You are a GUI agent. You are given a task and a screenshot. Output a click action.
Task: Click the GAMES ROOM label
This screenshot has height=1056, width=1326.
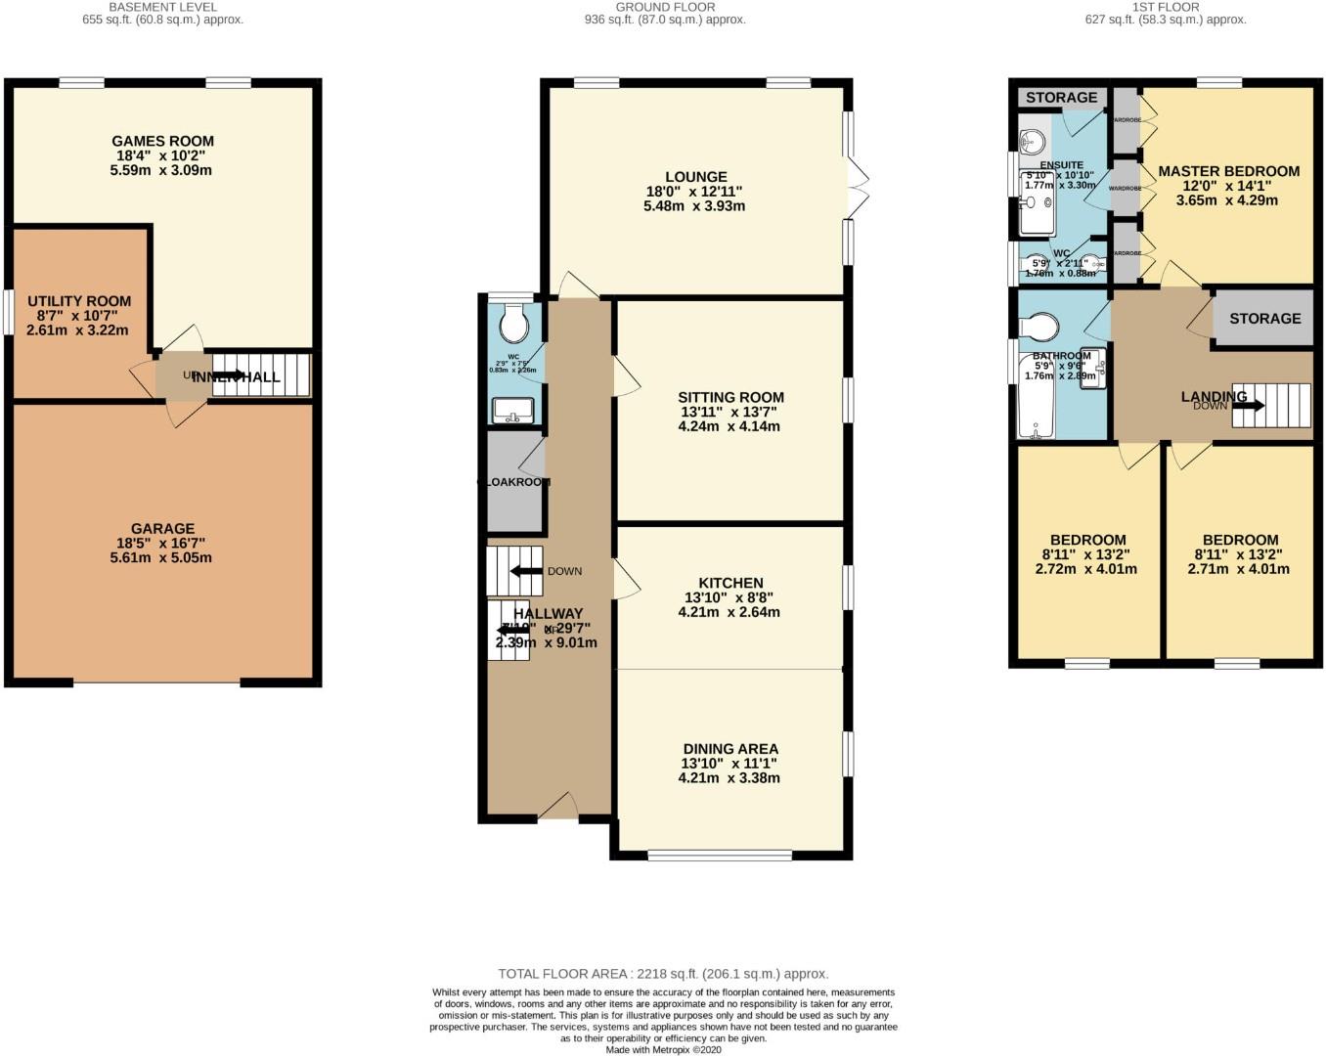click(162, 141)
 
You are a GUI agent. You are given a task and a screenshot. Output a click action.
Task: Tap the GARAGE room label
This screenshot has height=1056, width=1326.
click(162, 529)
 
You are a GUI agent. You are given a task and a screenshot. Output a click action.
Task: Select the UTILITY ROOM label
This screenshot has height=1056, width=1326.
click(79, 301)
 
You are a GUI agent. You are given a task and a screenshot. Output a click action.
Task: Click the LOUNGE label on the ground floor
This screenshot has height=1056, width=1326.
click(695, 177)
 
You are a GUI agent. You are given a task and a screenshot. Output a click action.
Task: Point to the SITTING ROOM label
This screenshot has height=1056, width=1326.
click(730, 397)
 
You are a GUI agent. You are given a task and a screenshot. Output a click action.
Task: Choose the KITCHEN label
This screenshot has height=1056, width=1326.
click(730, 583)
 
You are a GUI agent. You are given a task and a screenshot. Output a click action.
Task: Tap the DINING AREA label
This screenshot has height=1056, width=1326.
click(730, 749)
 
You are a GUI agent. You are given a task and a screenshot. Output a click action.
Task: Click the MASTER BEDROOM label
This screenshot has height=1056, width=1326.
click(1228, 171)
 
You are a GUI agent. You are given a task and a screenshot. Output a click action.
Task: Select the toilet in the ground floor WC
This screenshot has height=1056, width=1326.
click(512, 321)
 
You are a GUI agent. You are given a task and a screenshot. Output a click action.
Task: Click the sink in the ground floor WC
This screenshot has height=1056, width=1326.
click(512, 409)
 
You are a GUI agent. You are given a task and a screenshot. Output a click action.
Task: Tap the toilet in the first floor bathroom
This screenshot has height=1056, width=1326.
click(1039, 325)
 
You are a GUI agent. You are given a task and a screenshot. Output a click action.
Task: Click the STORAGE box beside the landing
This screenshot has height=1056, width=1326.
click(1264, 319)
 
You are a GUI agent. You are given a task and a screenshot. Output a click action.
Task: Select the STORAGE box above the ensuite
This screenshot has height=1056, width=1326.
click(1061, 98)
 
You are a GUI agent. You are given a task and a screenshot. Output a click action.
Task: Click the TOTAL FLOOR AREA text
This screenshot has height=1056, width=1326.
click(663, 974)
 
